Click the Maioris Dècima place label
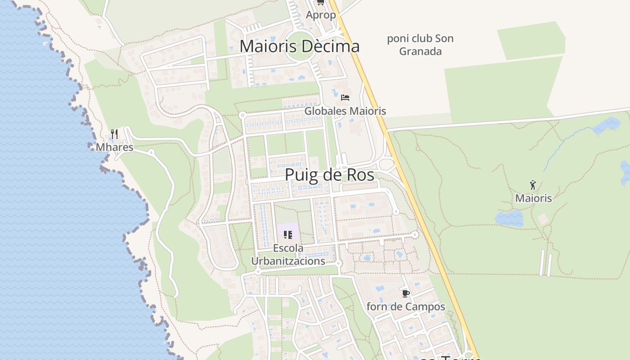(x=299, y=46)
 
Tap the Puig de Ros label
(x=329, y=175)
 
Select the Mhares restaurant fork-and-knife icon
(x=114, y=134)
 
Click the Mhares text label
(x=115, y=147)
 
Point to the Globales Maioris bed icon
(x=345, y=97)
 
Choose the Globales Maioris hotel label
(x=345, y=111)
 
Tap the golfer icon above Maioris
(x=533, y=185)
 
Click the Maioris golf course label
(x=533, y=198)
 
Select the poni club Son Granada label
(x=420, y=45)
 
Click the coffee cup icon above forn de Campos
(x=405, y=294)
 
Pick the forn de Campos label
(x=405, y=307)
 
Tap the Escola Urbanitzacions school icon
(x=288, y=234)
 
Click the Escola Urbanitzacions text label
(x=288, y=255)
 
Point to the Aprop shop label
(x=320, y=15)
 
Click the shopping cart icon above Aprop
(x=320, y=2)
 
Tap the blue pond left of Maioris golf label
(x=509, y=219)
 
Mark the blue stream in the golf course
(x=562, y=144)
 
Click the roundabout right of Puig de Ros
(x=386, y=164)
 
